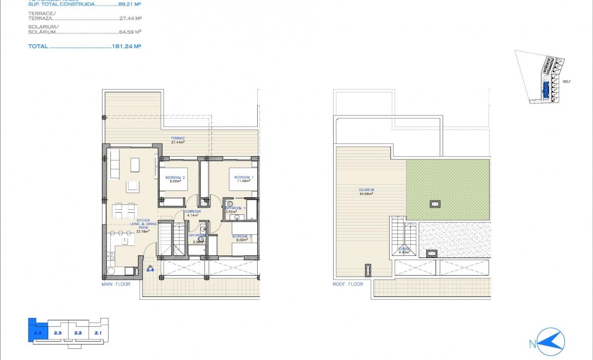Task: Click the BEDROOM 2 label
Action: point(175,178)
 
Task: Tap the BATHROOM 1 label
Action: point(236,208)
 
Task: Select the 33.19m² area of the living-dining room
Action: point(144,232)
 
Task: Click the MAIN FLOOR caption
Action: point(116,284)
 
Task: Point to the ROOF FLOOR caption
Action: point(349,284)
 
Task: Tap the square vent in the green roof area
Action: point(435,203)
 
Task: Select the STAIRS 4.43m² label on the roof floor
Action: point(403,251)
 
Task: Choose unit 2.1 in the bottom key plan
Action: point(98,333)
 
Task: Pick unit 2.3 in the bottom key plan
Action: point(58,333)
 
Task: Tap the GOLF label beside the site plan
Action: point(566,81)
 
